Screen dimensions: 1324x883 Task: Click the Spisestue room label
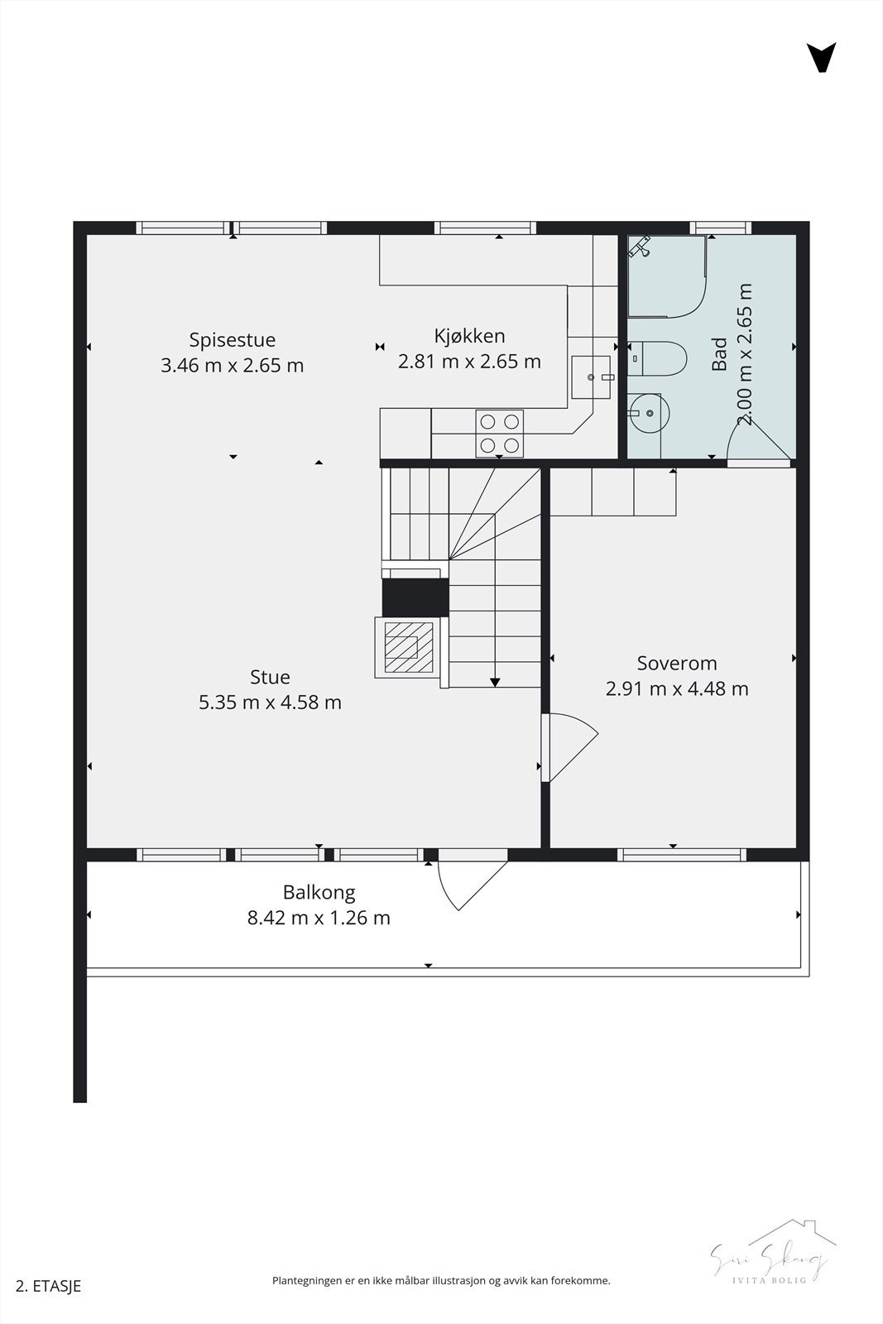click(x=232, y=340)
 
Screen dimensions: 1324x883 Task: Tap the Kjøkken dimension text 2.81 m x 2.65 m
click(x=469, y=362)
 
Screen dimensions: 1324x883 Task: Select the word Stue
click(x=270, y=677)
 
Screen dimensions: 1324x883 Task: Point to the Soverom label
click(x=677, y=663)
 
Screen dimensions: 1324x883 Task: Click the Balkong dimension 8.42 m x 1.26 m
click(x=319, y=918)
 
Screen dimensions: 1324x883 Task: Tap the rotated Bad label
click(x=720, y=353)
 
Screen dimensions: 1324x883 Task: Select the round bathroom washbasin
click(x=646, y=412)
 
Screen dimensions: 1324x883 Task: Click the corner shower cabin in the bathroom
click(x=666, y=276)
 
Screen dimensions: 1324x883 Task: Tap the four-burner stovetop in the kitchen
click(x=500, y=434)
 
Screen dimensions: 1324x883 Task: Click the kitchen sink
click(x=591, y=377)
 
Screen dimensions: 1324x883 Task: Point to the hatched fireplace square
click(x=406, y=646)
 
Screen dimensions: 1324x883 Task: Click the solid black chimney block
click(x=415, y=597)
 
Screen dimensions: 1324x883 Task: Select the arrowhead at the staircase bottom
click(x=495, y=682)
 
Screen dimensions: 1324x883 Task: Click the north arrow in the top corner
click(x=821, y=57)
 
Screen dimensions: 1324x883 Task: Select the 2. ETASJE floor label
click(x=49, y=1286)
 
